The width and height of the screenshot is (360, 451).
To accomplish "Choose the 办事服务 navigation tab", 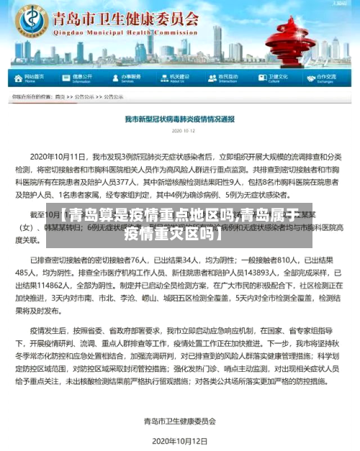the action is pyautogui.click(x=130, y=77).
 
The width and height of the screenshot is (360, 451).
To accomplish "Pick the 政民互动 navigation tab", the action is pyautogui.click(x=228, y=77).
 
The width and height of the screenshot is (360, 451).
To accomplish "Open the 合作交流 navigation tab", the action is pyautogui.click(x=325, y=77).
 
